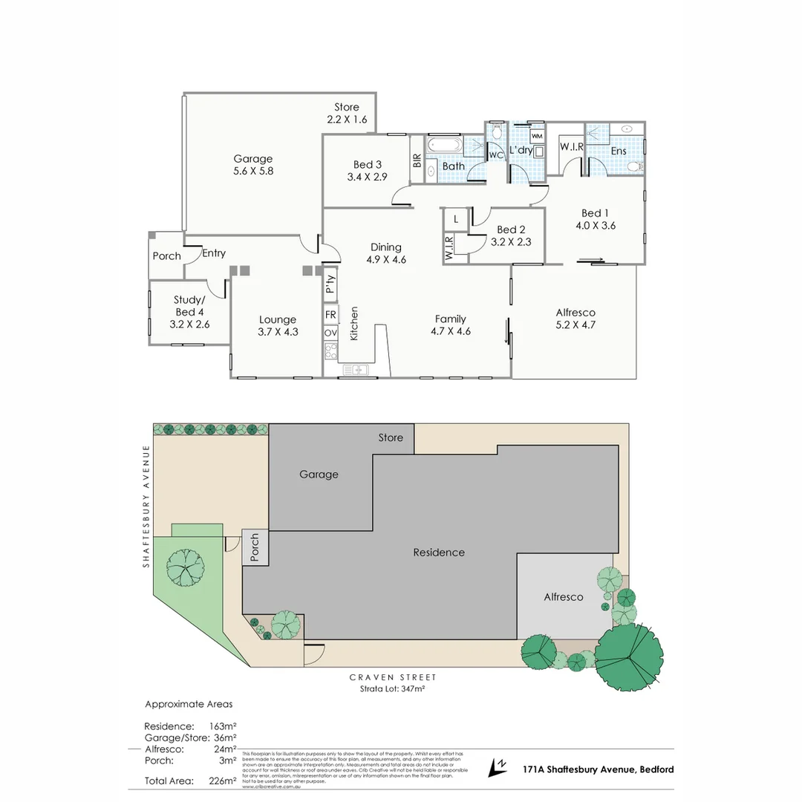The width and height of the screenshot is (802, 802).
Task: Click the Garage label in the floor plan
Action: coord(253,158)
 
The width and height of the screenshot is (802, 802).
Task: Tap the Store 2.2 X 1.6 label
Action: coord(347,113)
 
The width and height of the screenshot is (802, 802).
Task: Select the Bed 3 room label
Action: coord(367,171)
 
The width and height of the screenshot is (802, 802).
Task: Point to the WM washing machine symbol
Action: coord(537,137)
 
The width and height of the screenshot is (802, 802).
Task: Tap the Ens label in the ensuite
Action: coord(619,151)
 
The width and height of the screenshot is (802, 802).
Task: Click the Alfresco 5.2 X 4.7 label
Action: coord(576,319)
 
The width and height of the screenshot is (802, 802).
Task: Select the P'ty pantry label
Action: coord(331,284)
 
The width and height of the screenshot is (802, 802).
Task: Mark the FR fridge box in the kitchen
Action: coord(331,314)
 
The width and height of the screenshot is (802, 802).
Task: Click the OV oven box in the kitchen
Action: coord(331,333)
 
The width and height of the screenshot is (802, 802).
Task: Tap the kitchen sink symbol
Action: coord(354,368)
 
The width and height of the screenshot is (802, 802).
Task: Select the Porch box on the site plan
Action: coord(255,547)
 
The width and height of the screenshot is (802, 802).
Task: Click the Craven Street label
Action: coord(393,677)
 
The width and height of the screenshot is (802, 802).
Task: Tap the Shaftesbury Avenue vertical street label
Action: coord(147,506)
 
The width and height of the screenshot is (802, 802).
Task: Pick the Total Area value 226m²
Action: coord(223,780)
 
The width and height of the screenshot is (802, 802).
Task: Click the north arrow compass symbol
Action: coord(498,768)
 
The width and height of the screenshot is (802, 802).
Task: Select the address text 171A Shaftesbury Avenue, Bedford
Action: coord(598,769)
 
